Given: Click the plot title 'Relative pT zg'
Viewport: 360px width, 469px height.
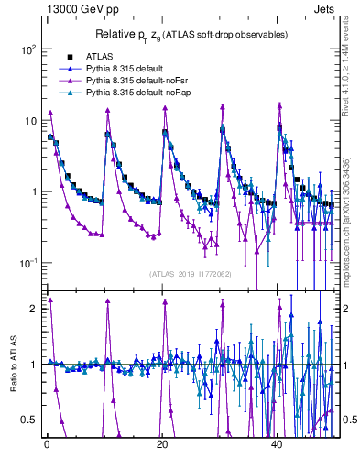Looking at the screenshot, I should [x=189, y=35].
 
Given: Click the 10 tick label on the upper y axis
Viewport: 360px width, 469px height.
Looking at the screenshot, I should [x=29, y=121].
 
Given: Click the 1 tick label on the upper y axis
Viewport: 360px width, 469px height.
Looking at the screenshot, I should [x=33, y=192].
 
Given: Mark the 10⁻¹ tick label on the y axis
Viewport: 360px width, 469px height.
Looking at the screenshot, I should [x=27, y=263].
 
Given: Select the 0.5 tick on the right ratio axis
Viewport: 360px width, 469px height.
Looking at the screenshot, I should [x=348, y=420].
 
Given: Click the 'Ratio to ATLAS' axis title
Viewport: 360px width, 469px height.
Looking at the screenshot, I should [x=12, y=364].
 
